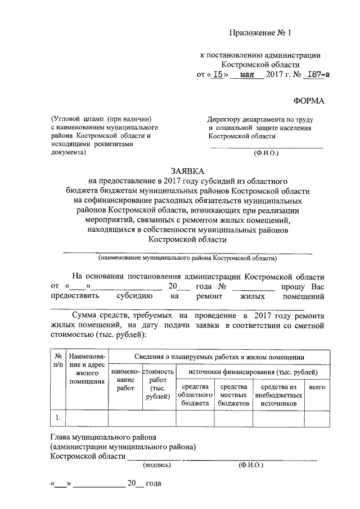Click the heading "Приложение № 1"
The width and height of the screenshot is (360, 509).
261,33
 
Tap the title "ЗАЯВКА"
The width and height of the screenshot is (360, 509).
187,170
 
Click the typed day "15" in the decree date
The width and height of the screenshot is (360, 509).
220,74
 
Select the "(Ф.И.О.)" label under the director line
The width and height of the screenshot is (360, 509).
266,152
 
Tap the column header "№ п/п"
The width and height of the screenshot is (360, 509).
58,361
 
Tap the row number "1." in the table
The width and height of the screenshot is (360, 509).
58,417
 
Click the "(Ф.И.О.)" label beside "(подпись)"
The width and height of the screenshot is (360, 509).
250,465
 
